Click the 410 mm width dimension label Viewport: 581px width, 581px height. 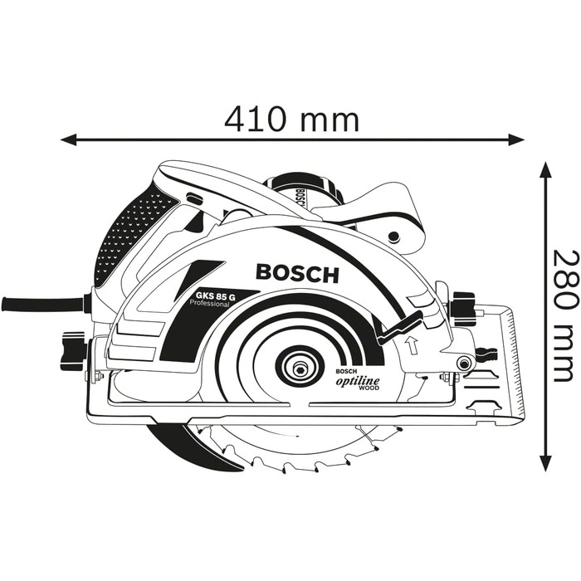[x=291, y=119]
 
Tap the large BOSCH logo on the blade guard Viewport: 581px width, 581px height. [x=297, y=272]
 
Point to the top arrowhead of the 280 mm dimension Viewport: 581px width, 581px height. [x=545, y=170]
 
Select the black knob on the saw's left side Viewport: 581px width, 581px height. [x=72, y=350]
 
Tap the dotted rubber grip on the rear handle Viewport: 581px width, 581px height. [x=124, y=232]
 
